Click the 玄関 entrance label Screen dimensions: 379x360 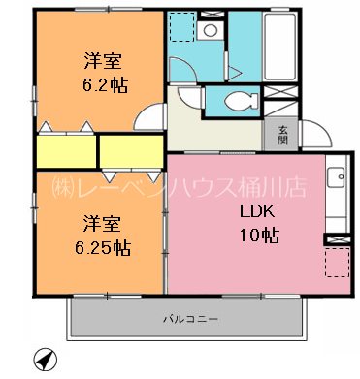coord(282,135)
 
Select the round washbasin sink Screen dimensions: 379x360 coord(210,30)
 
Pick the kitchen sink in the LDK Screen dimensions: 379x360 coord(336,178)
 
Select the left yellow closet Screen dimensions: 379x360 coord(66,151)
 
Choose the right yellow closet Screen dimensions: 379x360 coord(130,151)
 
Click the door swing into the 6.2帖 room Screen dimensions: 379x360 coord(147,116)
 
